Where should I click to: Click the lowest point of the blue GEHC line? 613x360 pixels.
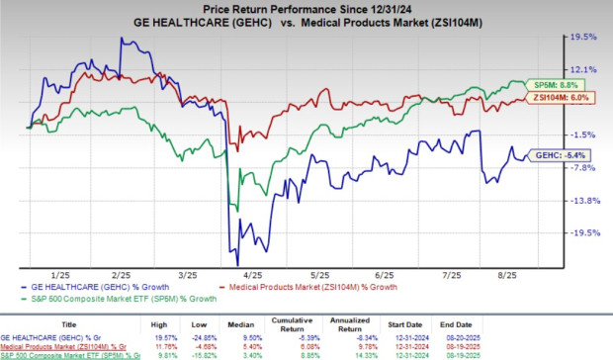229,253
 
